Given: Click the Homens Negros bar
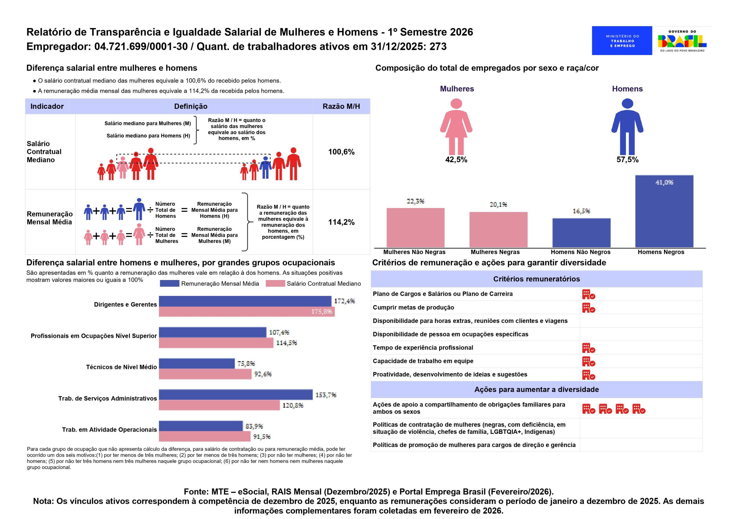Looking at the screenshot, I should [x=664, y=211].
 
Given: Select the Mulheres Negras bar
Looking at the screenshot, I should [x=498, y=230].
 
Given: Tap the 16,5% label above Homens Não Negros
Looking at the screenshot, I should [x=581, y=211].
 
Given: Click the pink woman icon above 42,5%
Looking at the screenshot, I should [x=456, y=127].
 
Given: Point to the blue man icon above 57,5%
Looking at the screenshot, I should [x=627, y=127].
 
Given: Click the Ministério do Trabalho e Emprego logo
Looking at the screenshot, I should [x=622, y=41].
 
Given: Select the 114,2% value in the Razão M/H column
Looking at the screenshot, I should [x=341, y=222].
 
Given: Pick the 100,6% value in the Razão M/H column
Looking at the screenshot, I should [x=341, y=152].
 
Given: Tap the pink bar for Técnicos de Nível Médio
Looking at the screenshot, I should [x=205, y=374].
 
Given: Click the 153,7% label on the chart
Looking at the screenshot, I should [x=326, y=395].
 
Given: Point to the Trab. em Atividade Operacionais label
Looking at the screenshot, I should [x=109, y=430].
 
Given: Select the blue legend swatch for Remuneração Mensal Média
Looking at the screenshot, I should [x=169, y=283].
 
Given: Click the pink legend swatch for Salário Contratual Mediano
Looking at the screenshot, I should [x=275, y=283].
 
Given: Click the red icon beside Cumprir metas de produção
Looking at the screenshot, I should [x=588, y=308].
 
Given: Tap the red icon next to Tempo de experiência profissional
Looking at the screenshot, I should [x=588, y=348].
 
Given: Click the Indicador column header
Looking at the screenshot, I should [x=47, y=106].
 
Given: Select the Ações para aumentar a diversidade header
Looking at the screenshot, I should [x=536, y=389].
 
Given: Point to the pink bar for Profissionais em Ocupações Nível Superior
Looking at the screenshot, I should [x=216, y=343].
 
